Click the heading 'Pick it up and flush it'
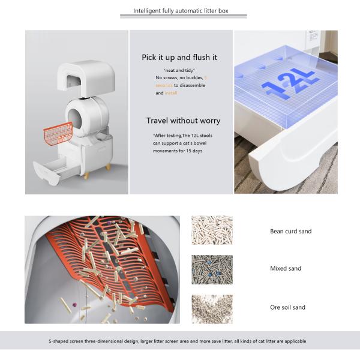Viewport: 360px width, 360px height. click(x=179, y=58)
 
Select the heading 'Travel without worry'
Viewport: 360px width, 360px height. click(x=183, y=121)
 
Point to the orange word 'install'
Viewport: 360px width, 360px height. click(x=171, y=94)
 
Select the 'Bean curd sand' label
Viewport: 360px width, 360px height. click(x=290, y=231)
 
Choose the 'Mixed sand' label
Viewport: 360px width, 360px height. click(x=286, y=269)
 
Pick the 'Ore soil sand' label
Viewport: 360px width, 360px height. click(x=287, y=307)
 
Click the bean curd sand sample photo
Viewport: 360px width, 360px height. click(x=212, y=230)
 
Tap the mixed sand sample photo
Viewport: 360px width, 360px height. click(x=212, y=269)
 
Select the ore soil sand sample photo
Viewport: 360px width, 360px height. click(x=212, y=308)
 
